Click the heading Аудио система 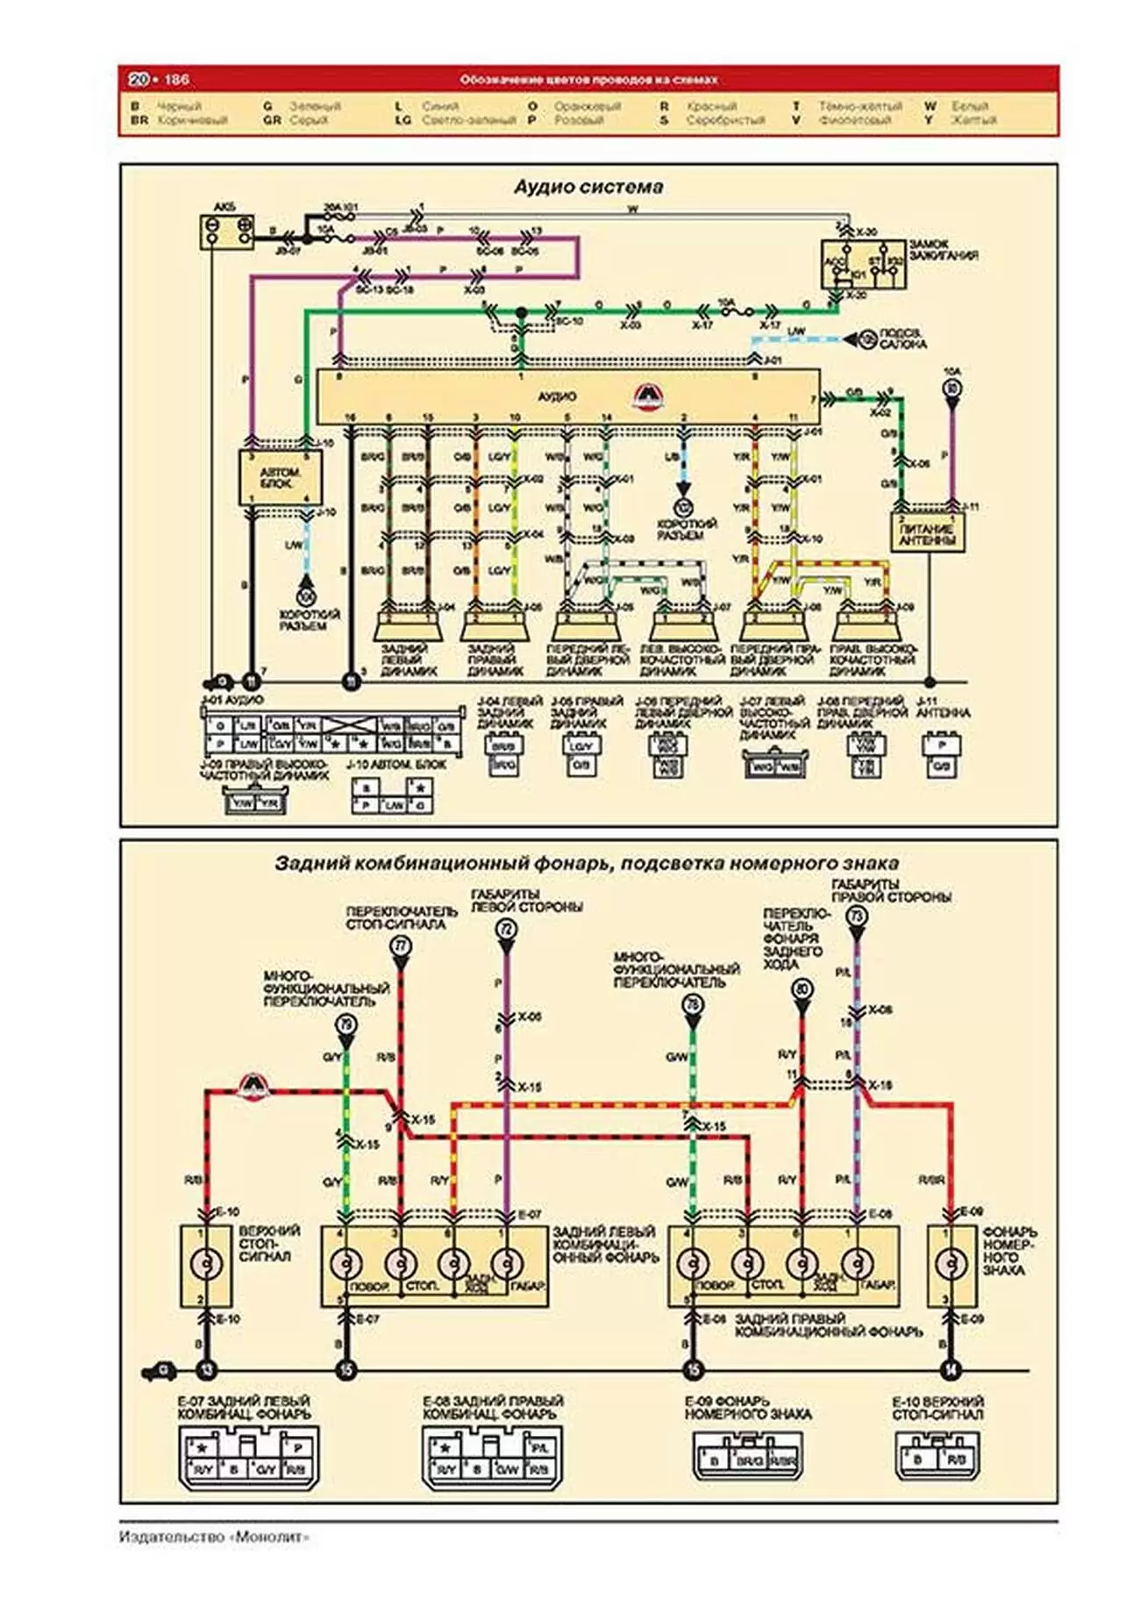588,187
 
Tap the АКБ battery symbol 227,232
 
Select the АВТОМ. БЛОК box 280,478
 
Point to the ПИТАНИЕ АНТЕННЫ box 929,532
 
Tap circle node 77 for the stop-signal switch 400,946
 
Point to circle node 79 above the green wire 346,1024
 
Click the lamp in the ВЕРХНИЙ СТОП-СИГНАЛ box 206,1264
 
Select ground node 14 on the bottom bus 950,1370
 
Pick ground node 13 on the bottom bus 206,1370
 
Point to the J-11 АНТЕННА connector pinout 942,755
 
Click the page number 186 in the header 176,80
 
